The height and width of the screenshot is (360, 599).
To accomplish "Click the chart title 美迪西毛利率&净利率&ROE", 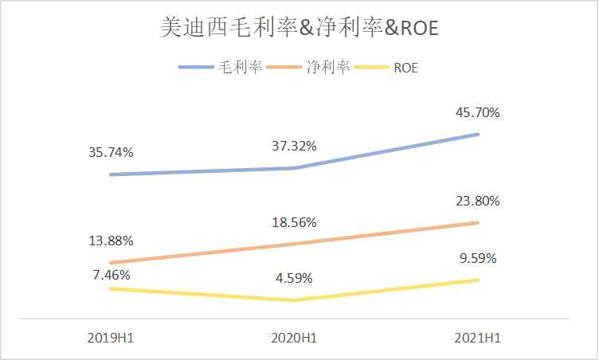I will (x=299, y=29).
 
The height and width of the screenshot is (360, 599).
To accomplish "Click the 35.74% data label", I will (x=111, y=151).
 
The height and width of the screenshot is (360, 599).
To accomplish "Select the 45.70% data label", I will (x=477, y=113).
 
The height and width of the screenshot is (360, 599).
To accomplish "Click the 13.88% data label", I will (x=111, y=241).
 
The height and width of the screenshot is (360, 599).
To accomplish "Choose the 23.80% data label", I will (x=477, y=202).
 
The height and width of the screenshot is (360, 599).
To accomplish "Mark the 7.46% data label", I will (x=111, y=275).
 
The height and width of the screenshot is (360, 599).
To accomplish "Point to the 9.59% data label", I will (x=477, y=258).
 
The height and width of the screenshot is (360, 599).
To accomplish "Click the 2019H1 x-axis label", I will (x=111, y=338).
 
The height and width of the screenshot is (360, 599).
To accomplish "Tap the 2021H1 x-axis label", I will (x=477, y=338).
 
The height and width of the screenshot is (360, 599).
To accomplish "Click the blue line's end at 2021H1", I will (x=478, y=134).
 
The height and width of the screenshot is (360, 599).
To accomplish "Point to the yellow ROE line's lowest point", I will (x=294, y=300).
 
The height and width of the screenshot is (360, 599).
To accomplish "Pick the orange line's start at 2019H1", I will (x=111, y=263).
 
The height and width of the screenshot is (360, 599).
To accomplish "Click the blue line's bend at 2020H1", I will (x=294, y=168).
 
